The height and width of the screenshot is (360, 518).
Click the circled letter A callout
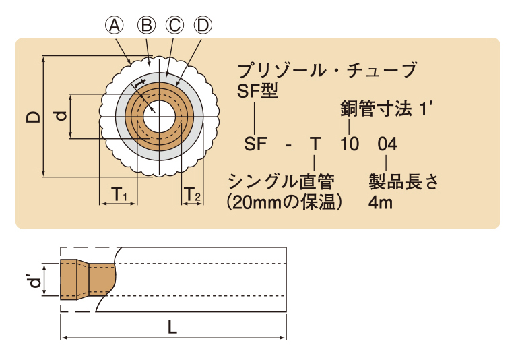coord(115,26)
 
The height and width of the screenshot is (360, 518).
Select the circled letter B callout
coord(146,26)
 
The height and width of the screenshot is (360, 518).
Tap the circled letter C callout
coord(174,26)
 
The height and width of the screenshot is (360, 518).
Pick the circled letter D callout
coord(203,26)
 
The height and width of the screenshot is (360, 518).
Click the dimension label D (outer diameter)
coord(33,117)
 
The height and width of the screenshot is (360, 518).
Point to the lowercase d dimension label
coord(61,116)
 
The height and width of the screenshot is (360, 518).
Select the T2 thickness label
coord(192,194)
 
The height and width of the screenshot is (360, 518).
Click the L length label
coord(172,328)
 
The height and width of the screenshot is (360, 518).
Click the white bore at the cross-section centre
coord(159,117)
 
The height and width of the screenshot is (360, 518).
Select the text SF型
coord(258,90)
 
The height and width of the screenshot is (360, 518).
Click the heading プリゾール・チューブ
coord(327,70)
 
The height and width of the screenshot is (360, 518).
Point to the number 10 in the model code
coord(349,144)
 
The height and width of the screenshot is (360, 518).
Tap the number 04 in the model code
coord(387,144)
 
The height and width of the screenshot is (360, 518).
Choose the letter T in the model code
coord(315,144)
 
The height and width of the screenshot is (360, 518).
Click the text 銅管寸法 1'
coord(386,109)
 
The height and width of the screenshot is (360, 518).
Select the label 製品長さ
coord(403,181)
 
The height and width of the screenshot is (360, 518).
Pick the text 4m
coord(381,202)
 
